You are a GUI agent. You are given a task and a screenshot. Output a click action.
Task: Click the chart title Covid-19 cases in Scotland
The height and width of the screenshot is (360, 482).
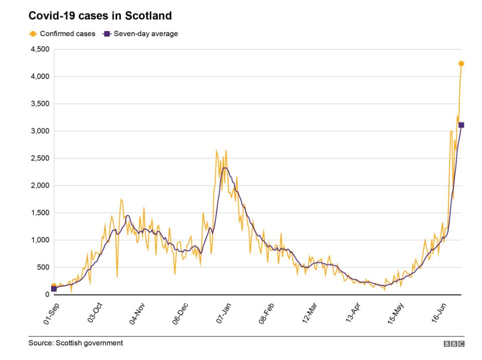click(100, 16)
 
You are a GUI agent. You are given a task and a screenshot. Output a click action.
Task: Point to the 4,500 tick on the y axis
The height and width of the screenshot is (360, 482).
click(39, 50)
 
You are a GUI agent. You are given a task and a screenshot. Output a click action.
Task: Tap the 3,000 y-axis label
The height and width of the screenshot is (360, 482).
click(39, 131)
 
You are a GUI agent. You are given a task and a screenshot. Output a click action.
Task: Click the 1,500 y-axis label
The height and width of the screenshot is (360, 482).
click(39, 213)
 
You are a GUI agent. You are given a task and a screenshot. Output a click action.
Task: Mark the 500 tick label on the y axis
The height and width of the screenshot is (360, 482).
click(42, 267)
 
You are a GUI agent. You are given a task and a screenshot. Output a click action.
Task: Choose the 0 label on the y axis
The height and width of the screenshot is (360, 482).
click(46, 294)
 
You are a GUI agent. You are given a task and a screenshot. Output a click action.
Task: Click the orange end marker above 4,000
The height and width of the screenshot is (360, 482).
click(461, 64)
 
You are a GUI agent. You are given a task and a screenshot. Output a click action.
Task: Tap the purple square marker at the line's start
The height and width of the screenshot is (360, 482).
click(54, 289)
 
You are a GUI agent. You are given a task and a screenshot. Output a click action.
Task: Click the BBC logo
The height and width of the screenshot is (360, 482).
click(454, 343)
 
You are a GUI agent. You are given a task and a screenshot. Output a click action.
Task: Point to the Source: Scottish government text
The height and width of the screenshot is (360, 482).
click(76, 343)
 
